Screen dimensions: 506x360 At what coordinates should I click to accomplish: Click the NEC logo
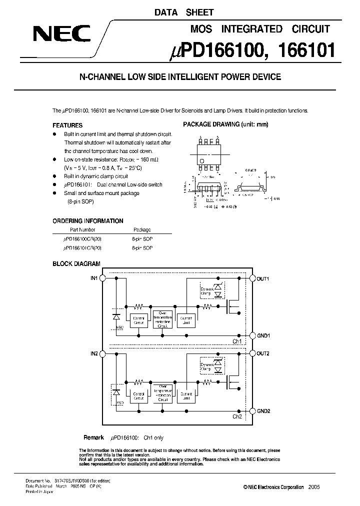click(61, 34)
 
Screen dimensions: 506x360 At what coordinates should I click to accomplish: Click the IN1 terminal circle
click(102, 278)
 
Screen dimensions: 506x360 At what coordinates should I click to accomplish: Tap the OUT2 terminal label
click(263, 353)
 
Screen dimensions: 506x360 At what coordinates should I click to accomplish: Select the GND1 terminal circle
click(252, 335)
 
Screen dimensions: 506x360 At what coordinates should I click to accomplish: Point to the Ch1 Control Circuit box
click(139, 319)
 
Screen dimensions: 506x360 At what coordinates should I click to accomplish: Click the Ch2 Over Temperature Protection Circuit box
click(162, 394)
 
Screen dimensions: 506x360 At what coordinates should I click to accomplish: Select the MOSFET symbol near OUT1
click(231, 306)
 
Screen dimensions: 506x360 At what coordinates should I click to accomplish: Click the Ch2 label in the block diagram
click(237, 416)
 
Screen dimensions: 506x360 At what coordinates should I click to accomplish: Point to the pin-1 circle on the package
click(201, 160)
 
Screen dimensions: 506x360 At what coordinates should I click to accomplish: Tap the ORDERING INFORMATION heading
click(88, 220)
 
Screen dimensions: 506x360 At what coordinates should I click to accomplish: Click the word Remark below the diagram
click(93, 437)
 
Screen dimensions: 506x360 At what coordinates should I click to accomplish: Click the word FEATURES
click(67, 125)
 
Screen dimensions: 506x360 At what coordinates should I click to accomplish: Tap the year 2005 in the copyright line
click(313, 487)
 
